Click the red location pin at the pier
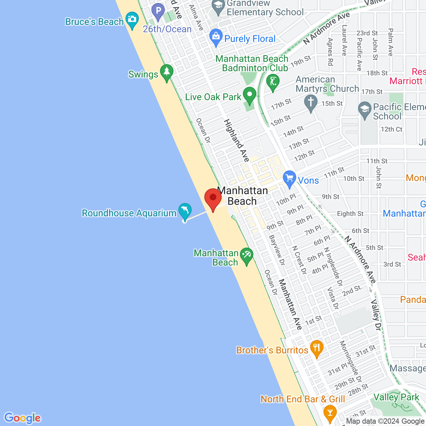tap(213, 198)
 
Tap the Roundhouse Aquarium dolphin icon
tap(185, 210)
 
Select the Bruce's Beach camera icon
tap(132, 19)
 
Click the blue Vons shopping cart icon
tap(290, 178)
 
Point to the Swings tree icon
tap(167, 72)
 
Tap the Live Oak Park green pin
tap(249, 95)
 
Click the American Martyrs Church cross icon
tap(311, 102)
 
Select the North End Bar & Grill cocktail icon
tap(330, 412)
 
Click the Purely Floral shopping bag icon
tap(216, 36)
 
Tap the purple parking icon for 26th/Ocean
tap(158, 11)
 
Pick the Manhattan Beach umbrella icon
tap(246, 256)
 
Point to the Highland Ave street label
tap(237, 140)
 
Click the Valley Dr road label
tap(376, 315)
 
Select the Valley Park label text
tap(396, 397)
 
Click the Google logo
tap(23, 418)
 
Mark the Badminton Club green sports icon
tap(273, 82)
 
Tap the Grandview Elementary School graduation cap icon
tap(218, 6)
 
